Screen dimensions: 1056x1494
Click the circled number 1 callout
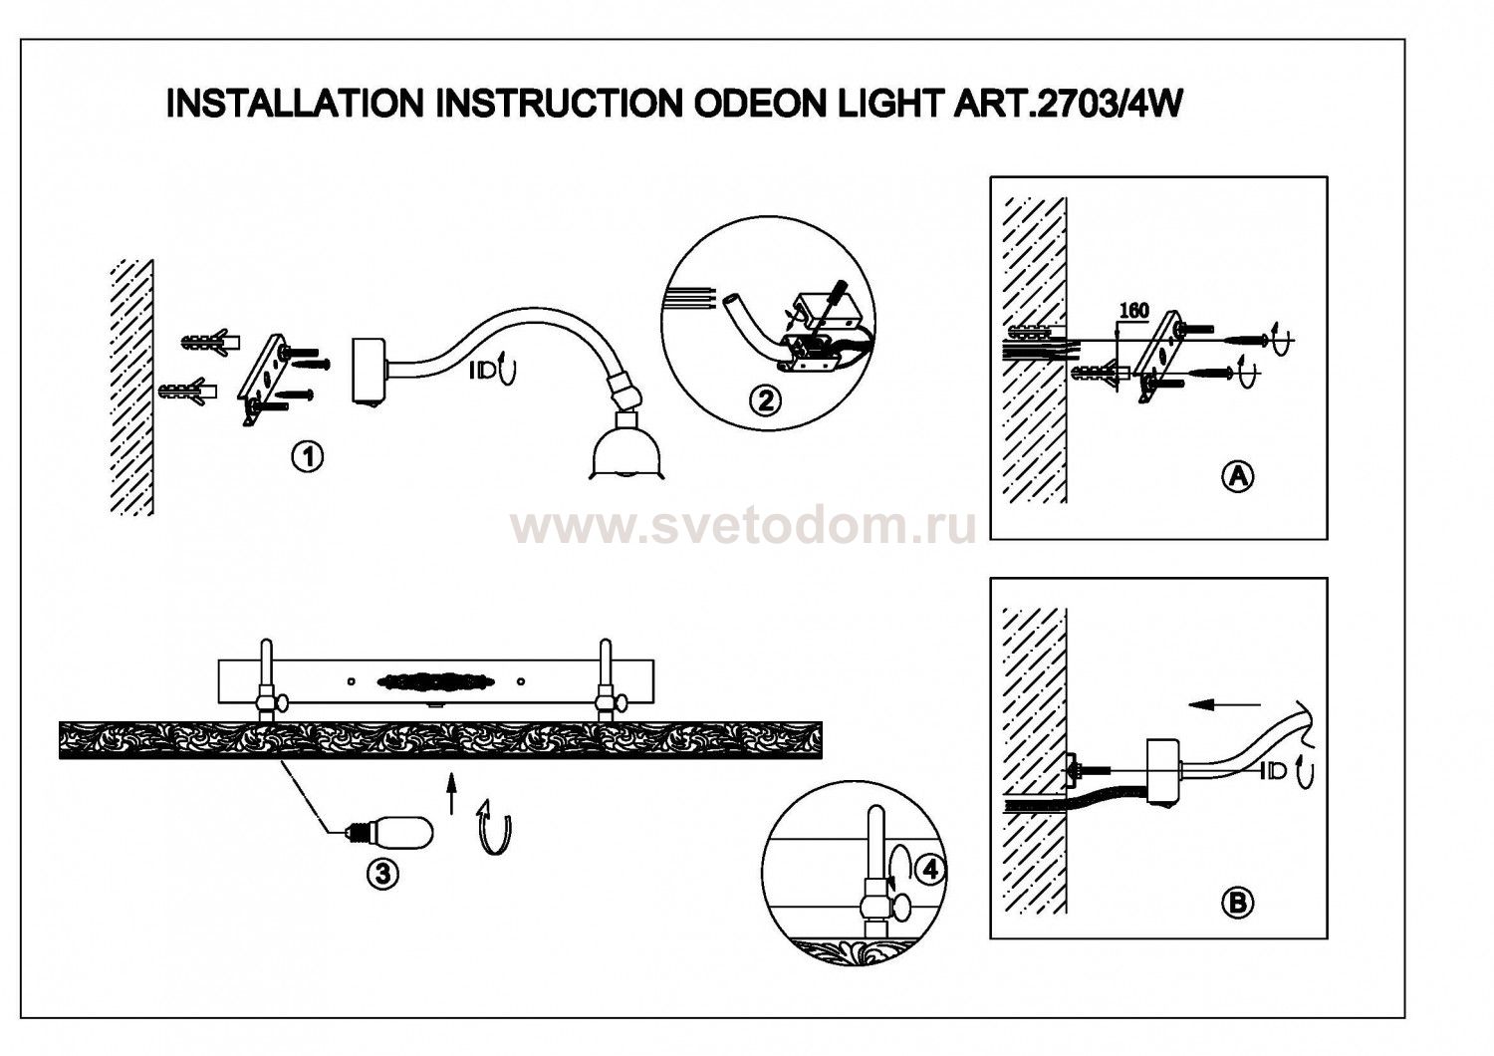(308, 457)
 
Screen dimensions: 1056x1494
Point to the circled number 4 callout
(929, 869)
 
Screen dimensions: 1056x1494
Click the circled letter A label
(1237, 476)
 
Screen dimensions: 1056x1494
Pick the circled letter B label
(1237, 903)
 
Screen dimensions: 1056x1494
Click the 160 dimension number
(1133, 311)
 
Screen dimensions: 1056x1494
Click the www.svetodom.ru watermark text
(743, 526)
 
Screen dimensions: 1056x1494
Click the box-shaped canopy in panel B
(1162, 770)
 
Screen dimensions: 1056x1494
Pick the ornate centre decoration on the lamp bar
(434, 681)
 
